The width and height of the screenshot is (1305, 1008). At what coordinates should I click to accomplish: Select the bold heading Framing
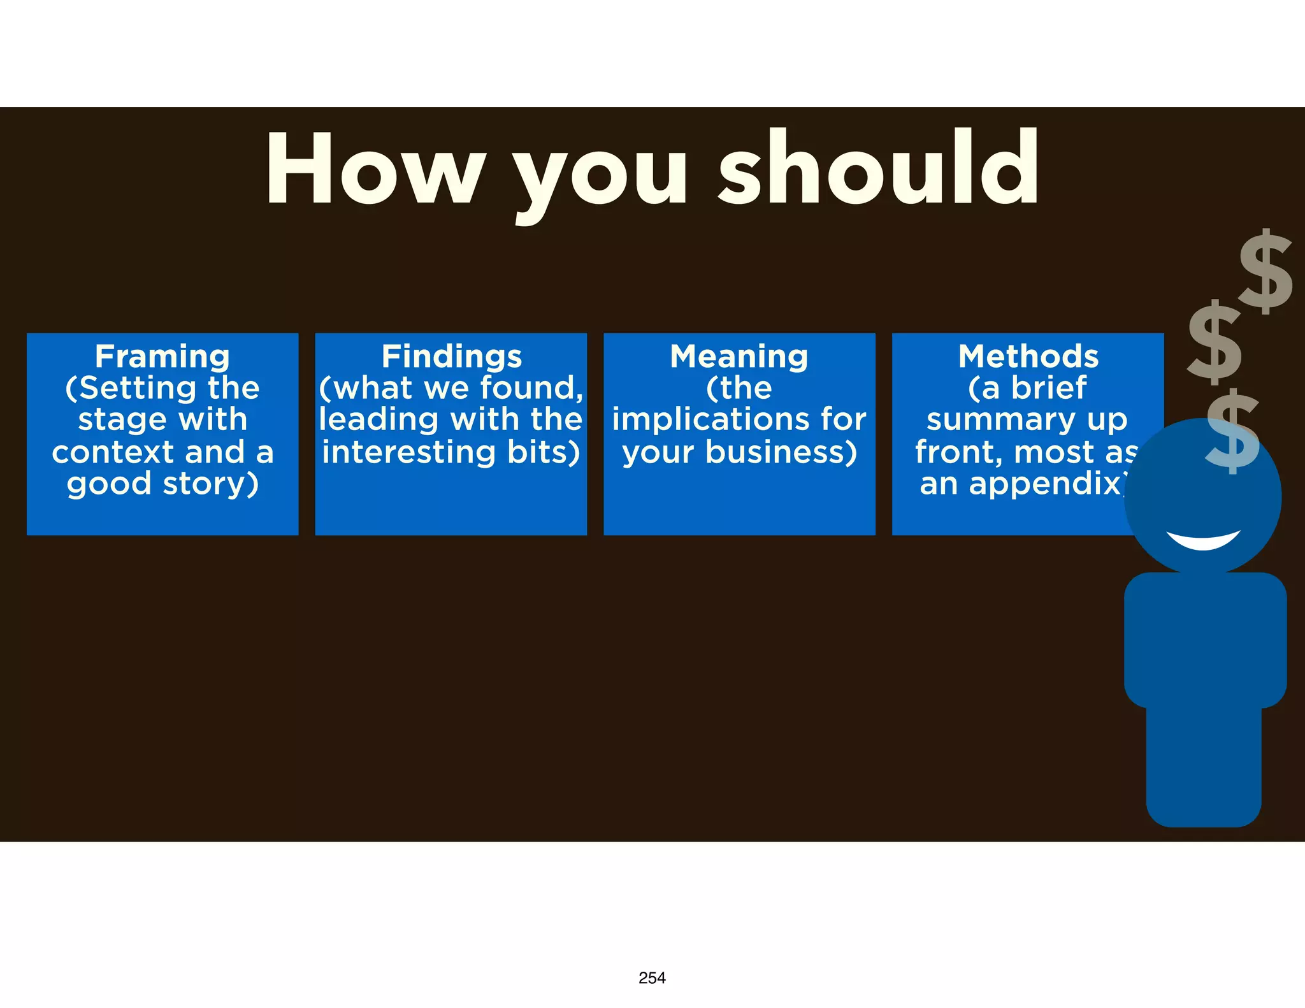(162, 356)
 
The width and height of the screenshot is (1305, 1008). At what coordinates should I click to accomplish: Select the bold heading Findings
(451, 356)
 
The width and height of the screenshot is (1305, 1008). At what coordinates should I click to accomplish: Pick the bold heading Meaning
(739, 356)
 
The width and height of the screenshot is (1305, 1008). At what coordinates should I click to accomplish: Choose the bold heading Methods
(1028, 356)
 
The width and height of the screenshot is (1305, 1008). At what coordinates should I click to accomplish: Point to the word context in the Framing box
(113, 452)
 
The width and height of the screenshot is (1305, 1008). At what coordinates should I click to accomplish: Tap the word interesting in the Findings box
(408, 452)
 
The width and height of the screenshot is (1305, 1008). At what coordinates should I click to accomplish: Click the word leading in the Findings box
(379, 420)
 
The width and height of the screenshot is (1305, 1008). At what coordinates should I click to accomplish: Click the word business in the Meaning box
(781, 452)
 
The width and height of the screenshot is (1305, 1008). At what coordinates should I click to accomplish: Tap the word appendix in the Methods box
(1045, 484)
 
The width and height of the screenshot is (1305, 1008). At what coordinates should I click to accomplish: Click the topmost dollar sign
(1265, 271)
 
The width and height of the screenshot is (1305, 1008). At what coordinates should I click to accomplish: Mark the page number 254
(652, 978)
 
